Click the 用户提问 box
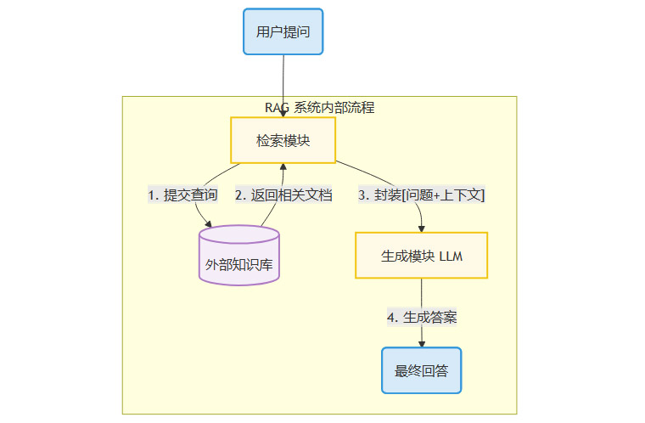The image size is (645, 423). (x=283, y=31)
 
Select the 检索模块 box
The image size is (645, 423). (x=283, y=140)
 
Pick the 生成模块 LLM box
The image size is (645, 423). (x=421, y=256)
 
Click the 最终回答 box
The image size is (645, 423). (x=421, y=370)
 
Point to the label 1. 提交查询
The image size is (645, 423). (x=182, y=195)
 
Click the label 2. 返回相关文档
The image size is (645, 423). (x=283, y=195)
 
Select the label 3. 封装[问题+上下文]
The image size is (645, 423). (x=421, y=195)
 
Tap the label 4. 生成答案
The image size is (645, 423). (x=421, y=317)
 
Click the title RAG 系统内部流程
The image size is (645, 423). (x=319, y=108)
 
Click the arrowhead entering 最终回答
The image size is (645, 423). (x=421, y=343)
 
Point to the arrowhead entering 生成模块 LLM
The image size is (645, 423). (x=421, y=228)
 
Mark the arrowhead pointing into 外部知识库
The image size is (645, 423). (x=207, y=223)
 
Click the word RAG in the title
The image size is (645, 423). (x=277, y=108)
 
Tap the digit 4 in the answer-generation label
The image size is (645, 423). (x=391, y=317)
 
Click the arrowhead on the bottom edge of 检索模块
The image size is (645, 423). (x=283, y=166)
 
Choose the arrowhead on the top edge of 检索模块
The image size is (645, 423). (x=283, y=114)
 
